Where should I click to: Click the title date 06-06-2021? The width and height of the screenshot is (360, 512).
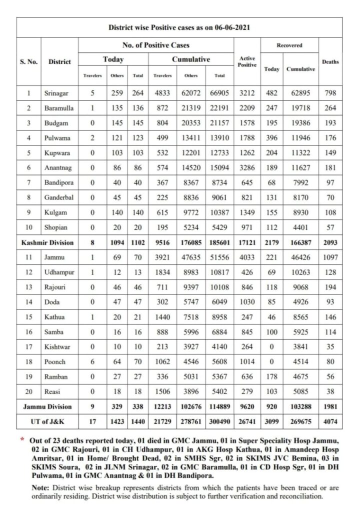230,28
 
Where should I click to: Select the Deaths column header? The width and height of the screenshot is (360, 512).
330,61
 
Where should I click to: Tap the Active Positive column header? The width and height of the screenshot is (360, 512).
247,61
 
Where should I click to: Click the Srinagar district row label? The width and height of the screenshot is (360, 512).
57,93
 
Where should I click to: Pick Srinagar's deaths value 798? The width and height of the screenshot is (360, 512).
330,93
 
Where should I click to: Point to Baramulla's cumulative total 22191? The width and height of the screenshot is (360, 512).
219,107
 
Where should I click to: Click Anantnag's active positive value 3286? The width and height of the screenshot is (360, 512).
247,167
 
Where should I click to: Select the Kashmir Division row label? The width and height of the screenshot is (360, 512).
47,242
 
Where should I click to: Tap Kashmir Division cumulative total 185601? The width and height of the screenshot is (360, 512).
219,242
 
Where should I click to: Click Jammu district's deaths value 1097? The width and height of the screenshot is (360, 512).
330,257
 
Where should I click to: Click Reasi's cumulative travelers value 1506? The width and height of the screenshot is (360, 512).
162,391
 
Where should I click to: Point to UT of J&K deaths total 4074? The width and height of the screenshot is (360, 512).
330,421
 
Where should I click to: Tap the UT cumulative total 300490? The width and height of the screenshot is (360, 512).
219,421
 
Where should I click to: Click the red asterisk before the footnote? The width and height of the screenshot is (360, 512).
22,439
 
